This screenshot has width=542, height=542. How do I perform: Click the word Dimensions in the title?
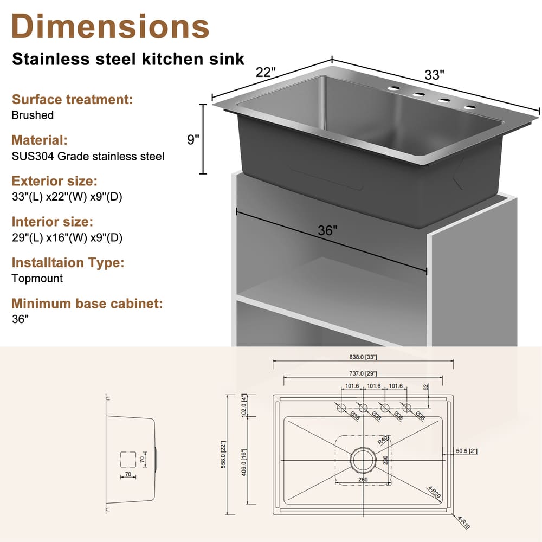[x=110, y=25]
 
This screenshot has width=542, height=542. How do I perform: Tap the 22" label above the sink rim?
[x=266, y=73]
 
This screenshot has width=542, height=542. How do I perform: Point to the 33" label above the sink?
[x=434, y=75]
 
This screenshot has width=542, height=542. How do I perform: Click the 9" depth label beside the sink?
[x=193, y=140]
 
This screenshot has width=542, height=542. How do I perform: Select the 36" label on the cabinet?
[x=328, y=230]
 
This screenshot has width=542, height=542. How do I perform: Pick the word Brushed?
[x=33, y=115]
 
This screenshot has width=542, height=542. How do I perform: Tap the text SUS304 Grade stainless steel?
[x=88, y=156]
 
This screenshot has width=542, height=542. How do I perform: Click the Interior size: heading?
[x=52, y=222]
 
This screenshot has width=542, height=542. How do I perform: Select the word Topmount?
[x=37, y=278]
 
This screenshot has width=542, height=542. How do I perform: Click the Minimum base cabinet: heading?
[x=87, y=303]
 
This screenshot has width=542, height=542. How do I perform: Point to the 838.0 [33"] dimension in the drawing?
[x=363, y=357]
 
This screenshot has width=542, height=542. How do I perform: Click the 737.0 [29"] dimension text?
[x=363, y=373]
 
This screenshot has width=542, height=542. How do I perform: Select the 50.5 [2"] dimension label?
[x=466, y=450]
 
